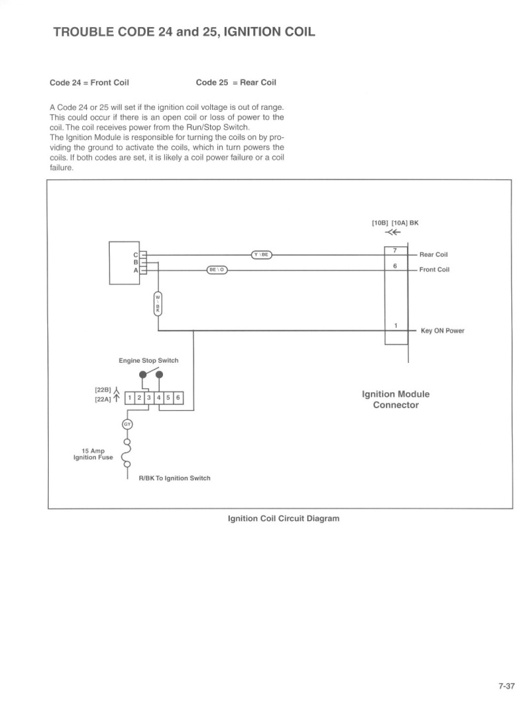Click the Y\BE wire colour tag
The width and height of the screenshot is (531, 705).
(261, 255)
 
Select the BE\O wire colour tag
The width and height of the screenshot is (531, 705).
(217, 270)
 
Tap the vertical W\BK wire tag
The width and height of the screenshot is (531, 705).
(157, 304)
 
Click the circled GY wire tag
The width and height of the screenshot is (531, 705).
(127, 424)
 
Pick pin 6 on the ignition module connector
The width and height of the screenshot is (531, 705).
(395, 266)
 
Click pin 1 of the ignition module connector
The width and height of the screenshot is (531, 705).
(396, 326)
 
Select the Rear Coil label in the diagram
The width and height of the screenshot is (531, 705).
(434, 255)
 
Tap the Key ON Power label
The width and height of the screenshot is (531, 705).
(442, 331)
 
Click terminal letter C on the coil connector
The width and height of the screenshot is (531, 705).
(135, 255)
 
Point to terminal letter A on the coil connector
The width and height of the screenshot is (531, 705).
(135, 270)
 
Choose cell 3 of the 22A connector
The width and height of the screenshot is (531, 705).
(149, 398)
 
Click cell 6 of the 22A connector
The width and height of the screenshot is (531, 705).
(178, 398)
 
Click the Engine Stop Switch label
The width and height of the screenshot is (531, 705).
(148, 360)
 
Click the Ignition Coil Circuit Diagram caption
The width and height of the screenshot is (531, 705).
(283, 518)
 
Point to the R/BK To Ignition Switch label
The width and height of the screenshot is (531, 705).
(174, 478)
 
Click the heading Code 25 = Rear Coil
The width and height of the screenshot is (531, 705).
(236, 83)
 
